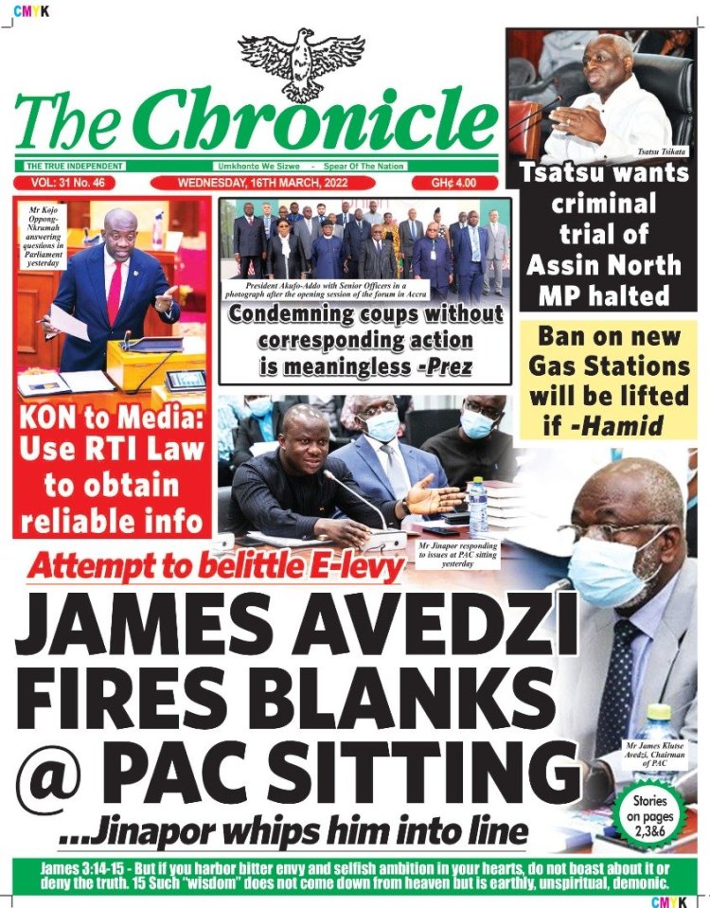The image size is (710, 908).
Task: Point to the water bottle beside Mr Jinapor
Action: (x=479, y=507)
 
